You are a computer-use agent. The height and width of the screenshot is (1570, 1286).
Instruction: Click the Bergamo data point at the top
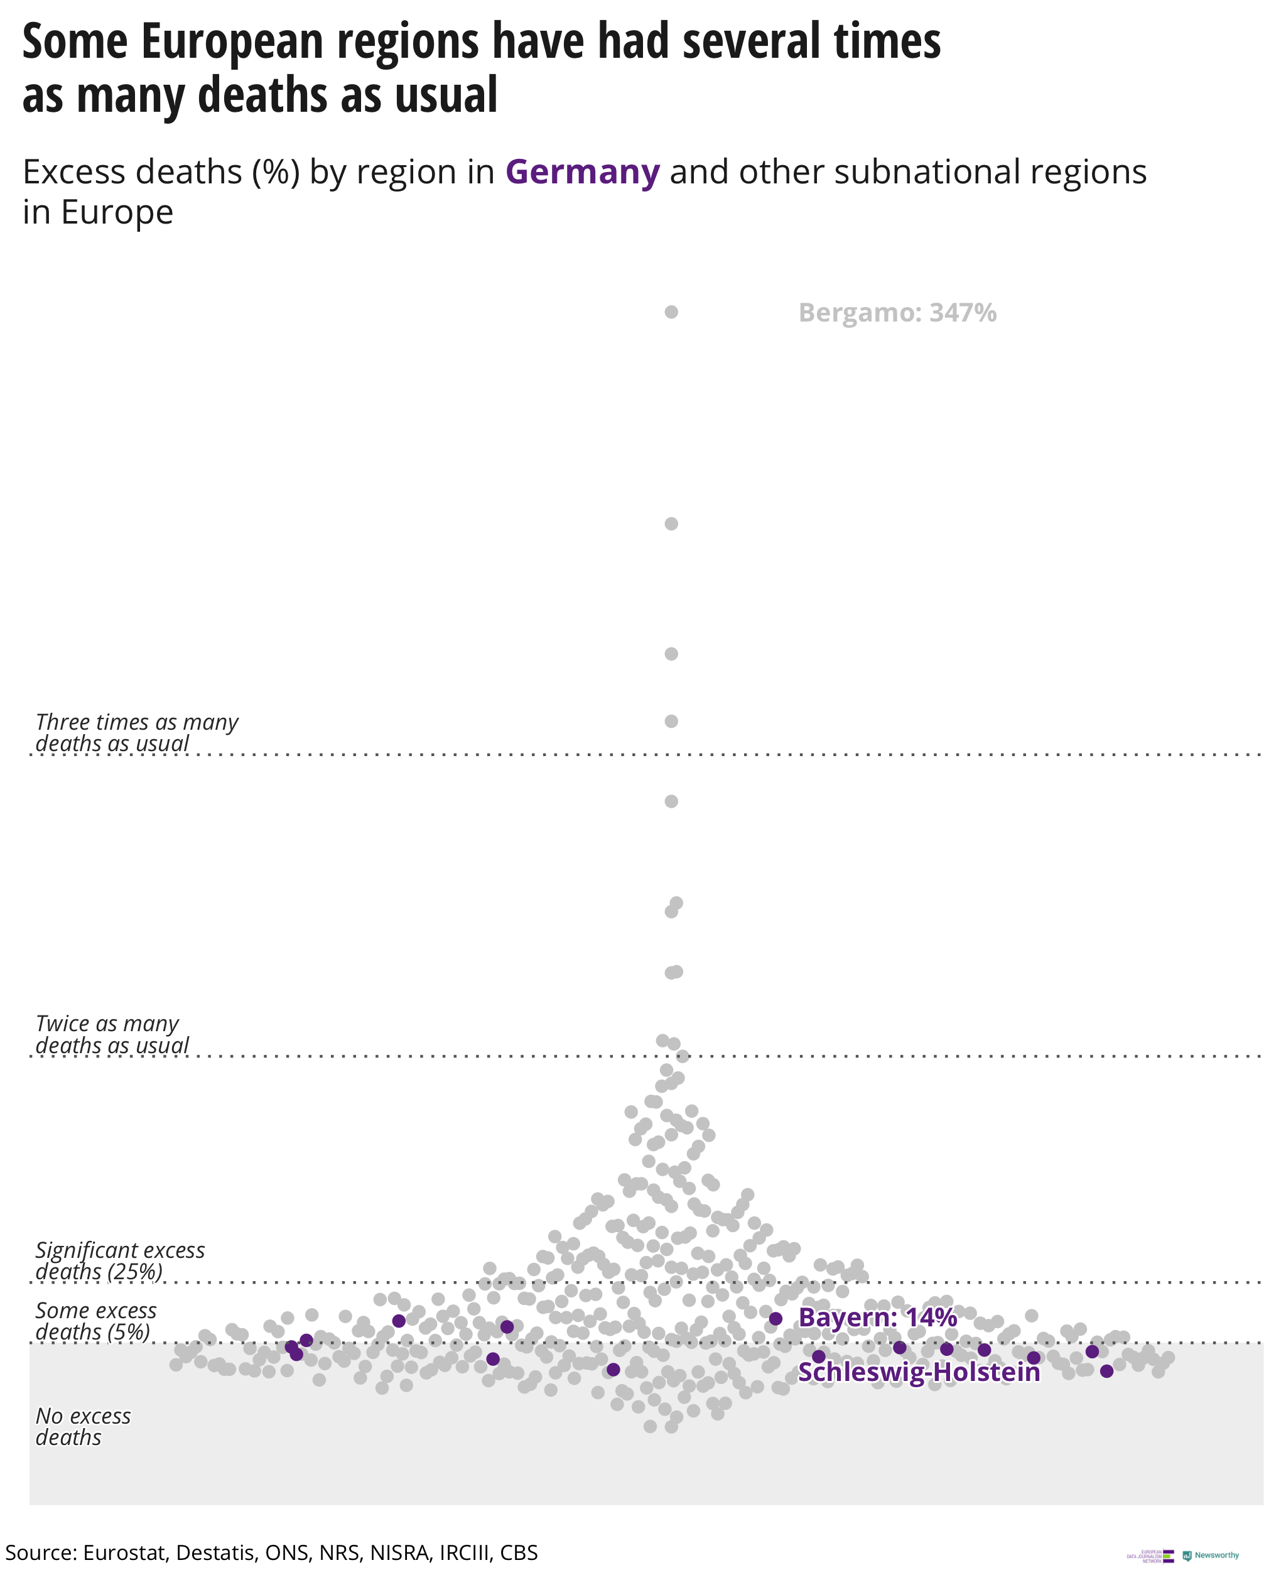click(671, 312)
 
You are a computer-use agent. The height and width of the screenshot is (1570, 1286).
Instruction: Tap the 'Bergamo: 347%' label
click(897, 313)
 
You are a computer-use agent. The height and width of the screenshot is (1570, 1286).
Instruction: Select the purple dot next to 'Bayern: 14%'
click(775, 1318)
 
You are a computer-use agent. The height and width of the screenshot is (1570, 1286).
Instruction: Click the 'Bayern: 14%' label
click(877, 1318)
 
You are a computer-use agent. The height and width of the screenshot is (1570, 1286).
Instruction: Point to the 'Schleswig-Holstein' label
click(919, 1372)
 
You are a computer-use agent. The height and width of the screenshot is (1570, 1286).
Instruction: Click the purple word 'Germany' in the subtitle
click(582, 172)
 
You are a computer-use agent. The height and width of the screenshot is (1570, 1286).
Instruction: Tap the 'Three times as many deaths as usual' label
click(137, 732)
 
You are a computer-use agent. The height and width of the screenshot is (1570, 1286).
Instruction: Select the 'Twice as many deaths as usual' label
click(112, 1034)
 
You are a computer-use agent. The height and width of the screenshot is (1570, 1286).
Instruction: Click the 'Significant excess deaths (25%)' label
click(120, 1260)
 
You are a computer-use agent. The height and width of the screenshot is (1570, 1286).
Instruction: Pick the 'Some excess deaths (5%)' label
click(95, 1321)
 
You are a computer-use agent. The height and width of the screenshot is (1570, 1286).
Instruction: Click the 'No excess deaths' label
click(83, 1426)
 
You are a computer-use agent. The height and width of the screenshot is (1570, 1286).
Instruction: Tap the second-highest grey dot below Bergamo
click(671, 524)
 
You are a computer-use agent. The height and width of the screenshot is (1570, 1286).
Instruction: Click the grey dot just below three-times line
click(671, 801)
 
